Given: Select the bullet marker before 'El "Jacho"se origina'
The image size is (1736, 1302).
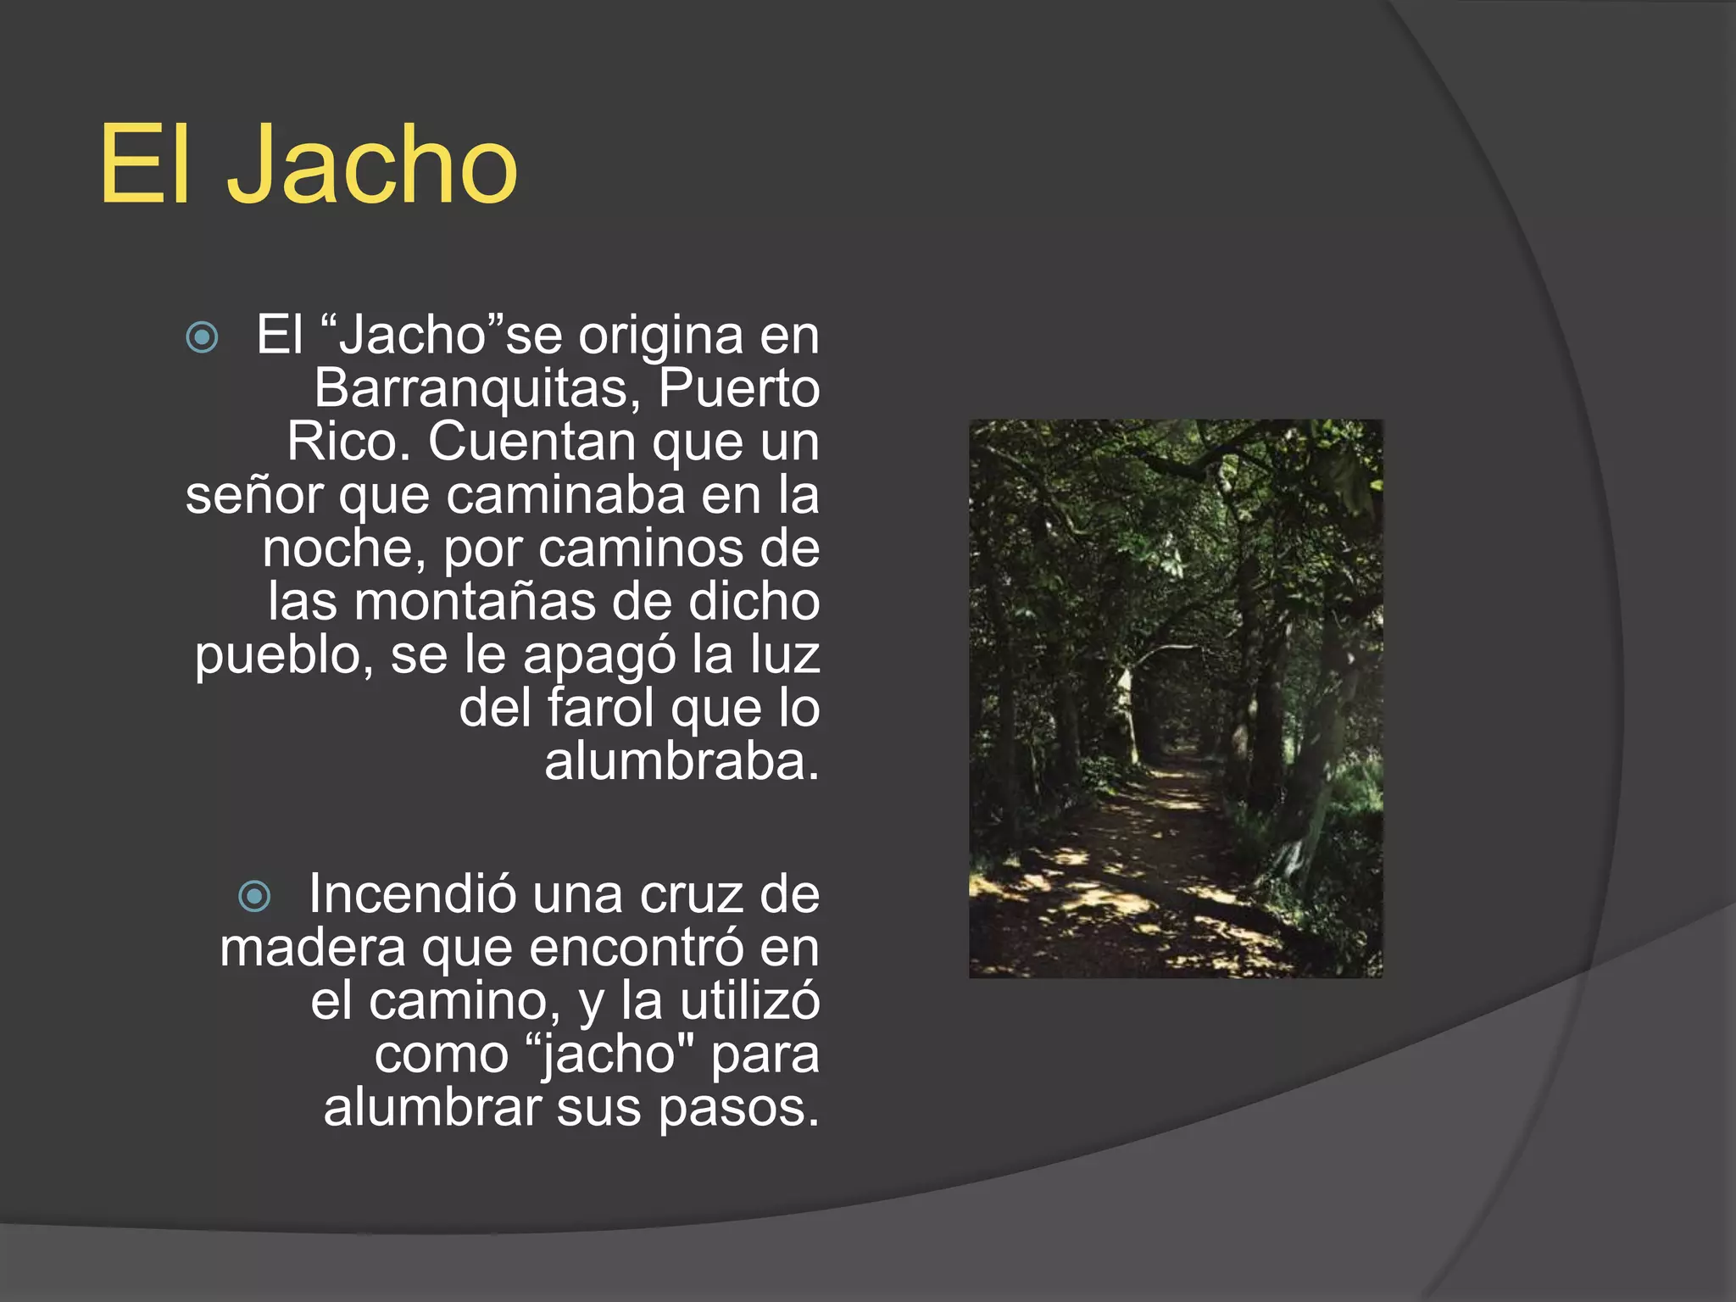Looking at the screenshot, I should [x=202, y=337].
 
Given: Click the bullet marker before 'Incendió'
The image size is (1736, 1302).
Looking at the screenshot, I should [x=254, y=896].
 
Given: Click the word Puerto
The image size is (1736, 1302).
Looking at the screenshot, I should [x=738, y=390].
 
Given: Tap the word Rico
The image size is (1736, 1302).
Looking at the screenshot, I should [x=348, y=442].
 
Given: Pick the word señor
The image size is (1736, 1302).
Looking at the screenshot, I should [x=254, y=495].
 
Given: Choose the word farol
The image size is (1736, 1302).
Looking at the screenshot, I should [x=601, y=708].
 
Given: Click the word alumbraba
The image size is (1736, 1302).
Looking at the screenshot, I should [x=682, y=761].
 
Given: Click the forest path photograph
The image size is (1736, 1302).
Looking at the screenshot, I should [x=1176, y=698].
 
